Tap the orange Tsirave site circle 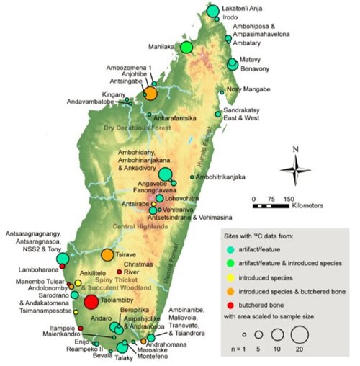pyautogui.click(x=107, y=254)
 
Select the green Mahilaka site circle pyautogui.click(x=186, y=48)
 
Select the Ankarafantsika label pyautogui.click(x=176, y=118)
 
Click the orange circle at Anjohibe pyautogui.click(x=150, y=93)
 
